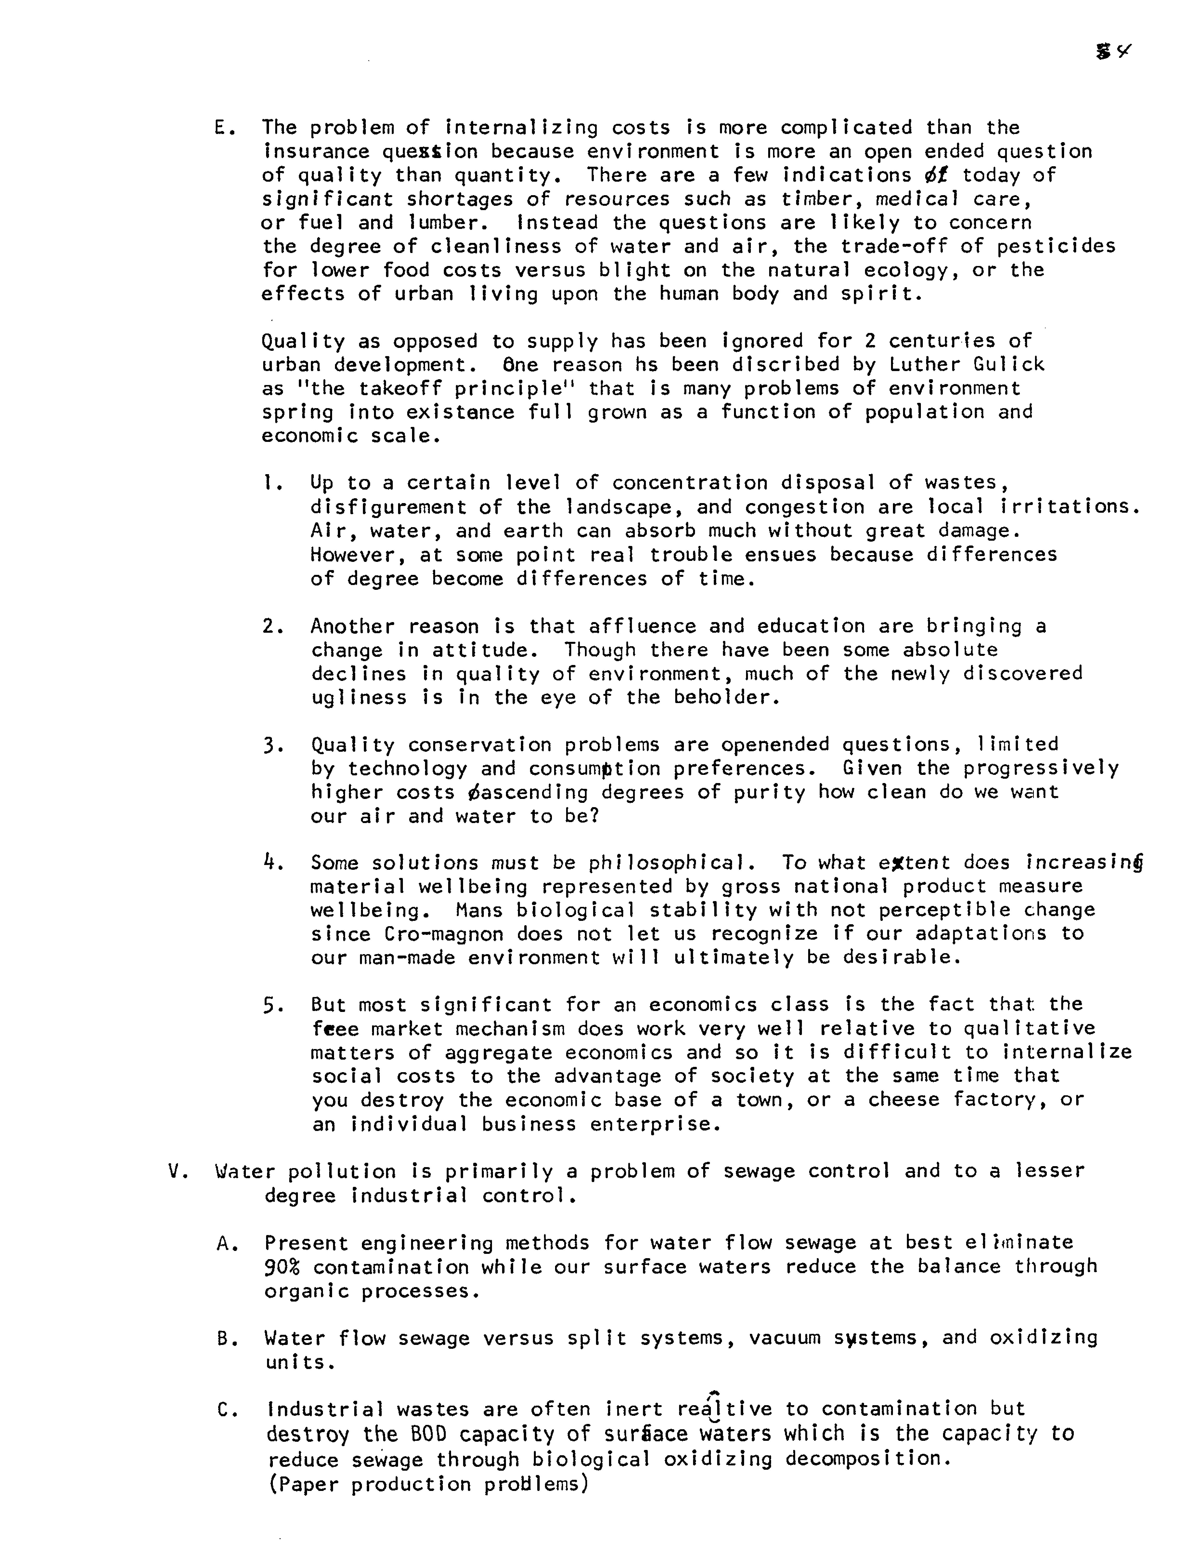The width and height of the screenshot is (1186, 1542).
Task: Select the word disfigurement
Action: pyautogui.click(x=388, y=508)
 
